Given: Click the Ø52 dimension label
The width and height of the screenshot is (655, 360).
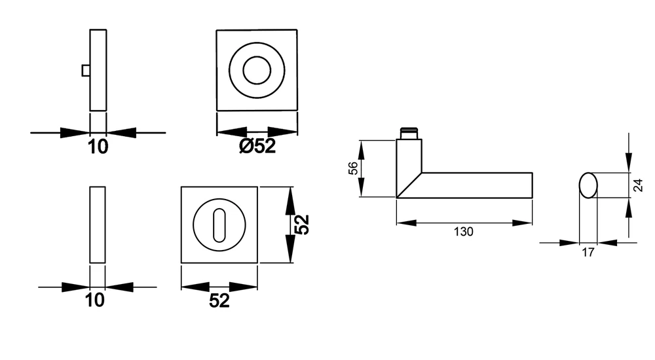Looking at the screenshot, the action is [x=257, y=146].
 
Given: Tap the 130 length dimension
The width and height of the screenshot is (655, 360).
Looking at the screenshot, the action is [x=464, y=231].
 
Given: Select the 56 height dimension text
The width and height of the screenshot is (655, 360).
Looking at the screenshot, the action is [x=353, y=168].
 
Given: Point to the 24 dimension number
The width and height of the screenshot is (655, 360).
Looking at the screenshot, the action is [x=638, y=185].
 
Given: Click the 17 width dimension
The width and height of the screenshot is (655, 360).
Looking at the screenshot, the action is [x=588, y=252].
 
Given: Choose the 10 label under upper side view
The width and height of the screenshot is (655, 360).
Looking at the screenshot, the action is [x=98, y=147].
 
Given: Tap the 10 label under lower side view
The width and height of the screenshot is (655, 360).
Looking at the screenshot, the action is [x=95, y=300].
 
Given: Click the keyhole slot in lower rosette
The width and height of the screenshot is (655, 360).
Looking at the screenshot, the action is [x=219, y=225].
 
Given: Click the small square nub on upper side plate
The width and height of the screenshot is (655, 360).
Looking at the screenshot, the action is [x=86, y=71].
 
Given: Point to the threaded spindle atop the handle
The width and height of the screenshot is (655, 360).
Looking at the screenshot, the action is [x=409, y=134].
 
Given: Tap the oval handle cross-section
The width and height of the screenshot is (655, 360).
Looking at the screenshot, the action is [x=588, y=185].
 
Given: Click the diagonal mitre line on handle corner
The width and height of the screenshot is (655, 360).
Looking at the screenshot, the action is [x=409, y=185].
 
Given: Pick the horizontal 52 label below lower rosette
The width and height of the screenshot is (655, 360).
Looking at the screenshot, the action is [x=219, y=300].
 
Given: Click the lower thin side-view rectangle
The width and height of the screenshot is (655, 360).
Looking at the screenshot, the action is [x=98, y=225].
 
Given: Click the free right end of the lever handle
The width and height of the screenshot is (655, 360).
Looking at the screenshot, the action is [x=532, y=185].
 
